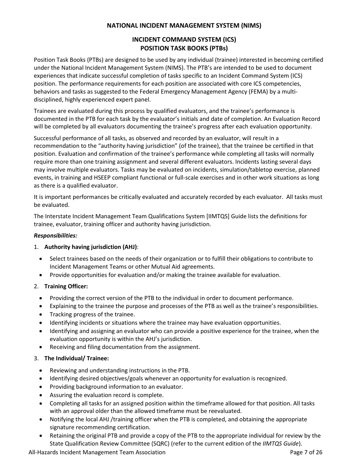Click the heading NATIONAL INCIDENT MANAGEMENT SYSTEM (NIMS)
(x=184, y=26)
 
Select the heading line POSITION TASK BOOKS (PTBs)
(x=184, y=48)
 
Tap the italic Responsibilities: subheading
(x=55, y=235)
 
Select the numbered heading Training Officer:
(x=66, y=286)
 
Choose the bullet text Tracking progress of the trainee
(x=92, y=314)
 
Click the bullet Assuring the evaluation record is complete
(x=106, y=395)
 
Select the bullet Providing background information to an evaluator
(x=116, y=387)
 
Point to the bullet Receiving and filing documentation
(x=124, y=347)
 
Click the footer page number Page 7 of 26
(x=306, y=452)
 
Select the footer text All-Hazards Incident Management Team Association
(x=97, y=452)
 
